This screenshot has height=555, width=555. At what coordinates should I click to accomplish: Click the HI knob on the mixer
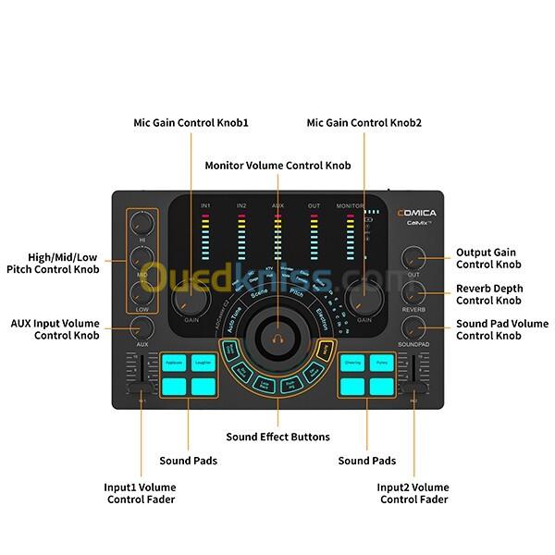click(x=142, y=222)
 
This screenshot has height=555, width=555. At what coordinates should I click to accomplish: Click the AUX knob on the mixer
click(x=142, y=326)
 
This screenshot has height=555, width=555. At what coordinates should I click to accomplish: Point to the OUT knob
click(x=413, y=256)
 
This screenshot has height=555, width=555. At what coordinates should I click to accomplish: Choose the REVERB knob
click(x=413, y=291)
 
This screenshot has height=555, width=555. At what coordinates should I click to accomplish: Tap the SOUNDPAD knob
click(x=413, y=326)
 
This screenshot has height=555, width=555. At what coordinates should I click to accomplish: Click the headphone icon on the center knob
click(x=277, y=338)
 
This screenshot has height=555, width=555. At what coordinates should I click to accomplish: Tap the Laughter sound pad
click(x=203, y=364)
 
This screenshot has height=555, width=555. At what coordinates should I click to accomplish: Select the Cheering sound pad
click(x=351, y=364)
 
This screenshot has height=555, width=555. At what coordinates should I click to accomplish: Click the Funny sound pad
click(x=382, y=364)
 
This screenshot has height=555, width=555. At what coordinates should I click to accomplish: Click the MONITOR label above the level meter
click(x=351, y=204)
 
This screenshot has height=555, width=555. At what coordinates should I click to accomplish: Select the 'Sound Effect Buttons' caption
click(x=277, y=437)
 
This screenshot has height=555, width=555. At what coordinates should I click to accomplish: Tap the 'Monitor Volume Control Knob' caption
click(x=277, y=166)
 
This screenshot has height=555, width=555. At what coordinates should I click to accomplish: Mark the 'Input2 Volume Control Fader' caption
click(x=413, y=493)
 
